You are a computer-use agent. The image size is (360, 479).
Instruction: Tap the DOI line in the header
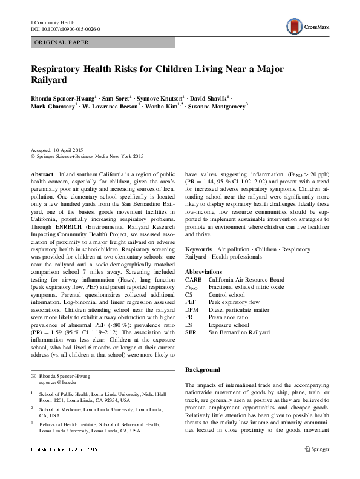point(65,29)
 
